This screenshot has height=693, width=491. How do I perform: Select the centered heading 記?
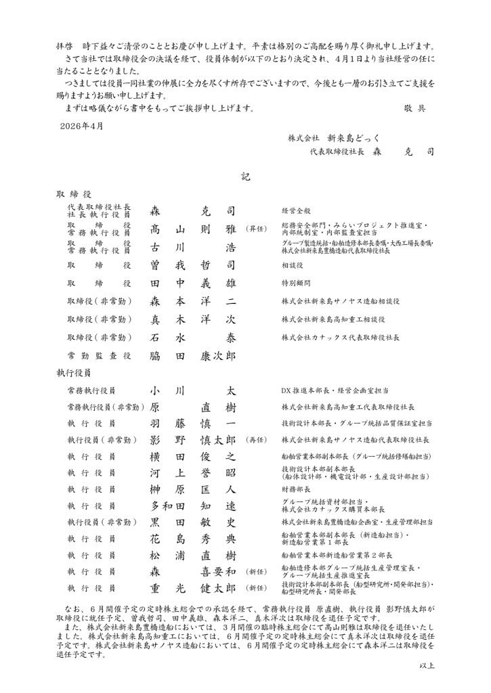(x=245, y=177)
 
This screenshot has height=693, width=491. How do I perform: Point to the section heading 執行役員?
(x=73, y=372)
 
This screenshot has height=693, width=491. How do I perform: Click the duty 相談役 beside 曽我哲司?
(x=292, y=265)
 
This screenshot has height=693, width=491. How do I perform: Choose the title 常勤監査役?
(x=98, y=355)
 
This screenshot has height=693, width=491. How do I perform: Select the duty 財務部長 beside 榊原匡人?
(x=295, y=489)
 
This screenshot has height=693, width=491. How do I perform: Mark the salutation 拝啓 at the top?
(x=64, y=45)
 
